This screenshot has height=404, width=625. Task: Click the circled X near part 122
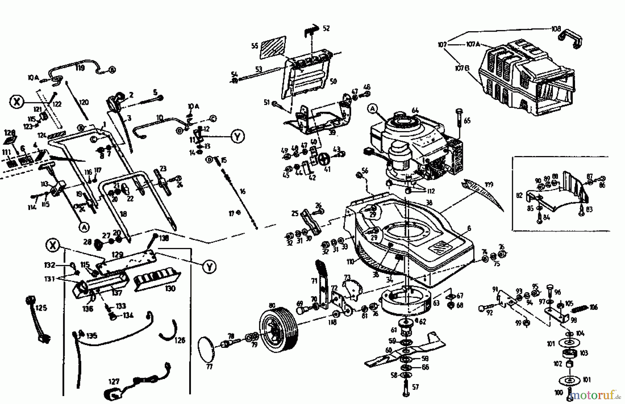coord(16,102)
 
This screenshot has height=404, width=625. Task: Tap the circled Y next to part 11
coord(237,137)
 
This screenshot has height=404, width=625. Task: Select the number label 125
coord(41,308)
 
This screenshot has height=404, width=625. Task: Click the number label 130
coord(170,288)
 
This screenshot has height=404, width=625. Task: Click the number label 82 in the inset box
coord(519,196)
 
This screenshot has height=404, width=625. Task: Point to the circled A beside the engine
coord(373,109)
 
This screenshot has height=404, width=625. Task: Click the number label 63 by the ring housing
coord(436,303)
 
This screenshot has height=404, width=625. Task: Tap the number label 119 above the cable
coord(80,68)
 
